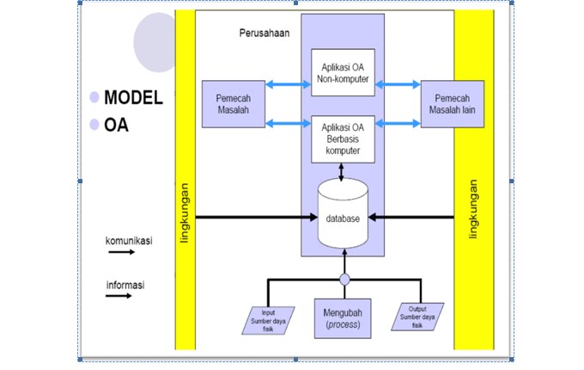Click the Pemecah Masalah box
tap(234, 104)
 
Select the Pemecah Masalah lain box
tap(452, 104)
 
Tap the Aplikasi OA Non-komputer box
tap(343, 72)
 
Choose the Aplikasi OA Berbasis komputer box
tap(343, 139)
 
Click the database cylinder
tap(343, 213)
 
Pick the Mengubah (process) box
tap(343, 318)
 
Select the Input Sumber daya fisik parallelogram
tap(268, 320)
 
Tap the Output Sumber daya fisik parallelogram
tap(417, 317)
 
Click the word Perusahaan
tap(265, 34)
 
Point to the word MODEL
tap(133, 98)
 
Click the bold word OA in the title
tap(116, 125)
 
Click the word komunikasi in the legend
tap(129, 241)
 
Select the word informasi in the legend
tap(125, 286)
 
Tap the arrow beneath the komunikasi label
tap(122, 252)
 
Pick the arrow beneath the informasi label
tap(119, 296)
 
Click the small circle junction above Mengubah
tap(344, 280)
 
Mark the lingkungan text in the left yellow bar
tap(185, 213)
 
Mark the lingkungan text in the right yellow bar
tap(473, 209)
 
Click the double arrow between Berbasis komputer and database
tap(341, 172)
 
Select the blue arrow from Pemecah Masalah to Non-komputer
tap(288, 84)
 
